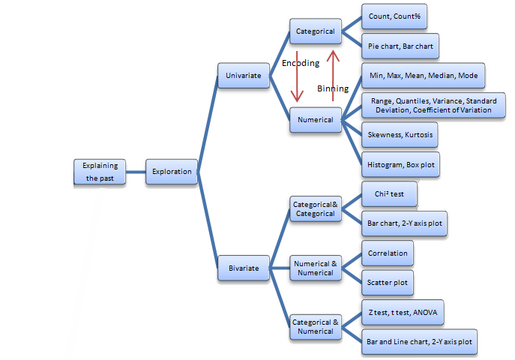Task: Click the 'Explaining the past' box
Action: point(100,172)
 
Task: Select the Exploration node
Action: point(172,172)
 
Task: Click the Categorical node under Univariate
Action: point(315,32)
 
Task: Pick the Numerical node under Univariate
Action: point(315,120)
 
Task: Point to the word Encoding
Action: point(300,63)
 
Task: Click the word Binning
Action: point(333,88)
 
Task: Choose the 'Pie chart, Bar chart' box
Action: point(398,46)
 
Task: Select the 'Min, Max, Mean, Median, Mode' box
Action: point(423,76)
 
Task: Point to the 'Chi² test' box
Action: point(389,194)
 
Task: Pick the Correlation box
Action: point(388,253)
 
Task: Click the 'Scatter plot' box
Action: point(388,283)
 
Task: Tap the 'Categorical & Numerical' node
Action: point(316,326)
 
